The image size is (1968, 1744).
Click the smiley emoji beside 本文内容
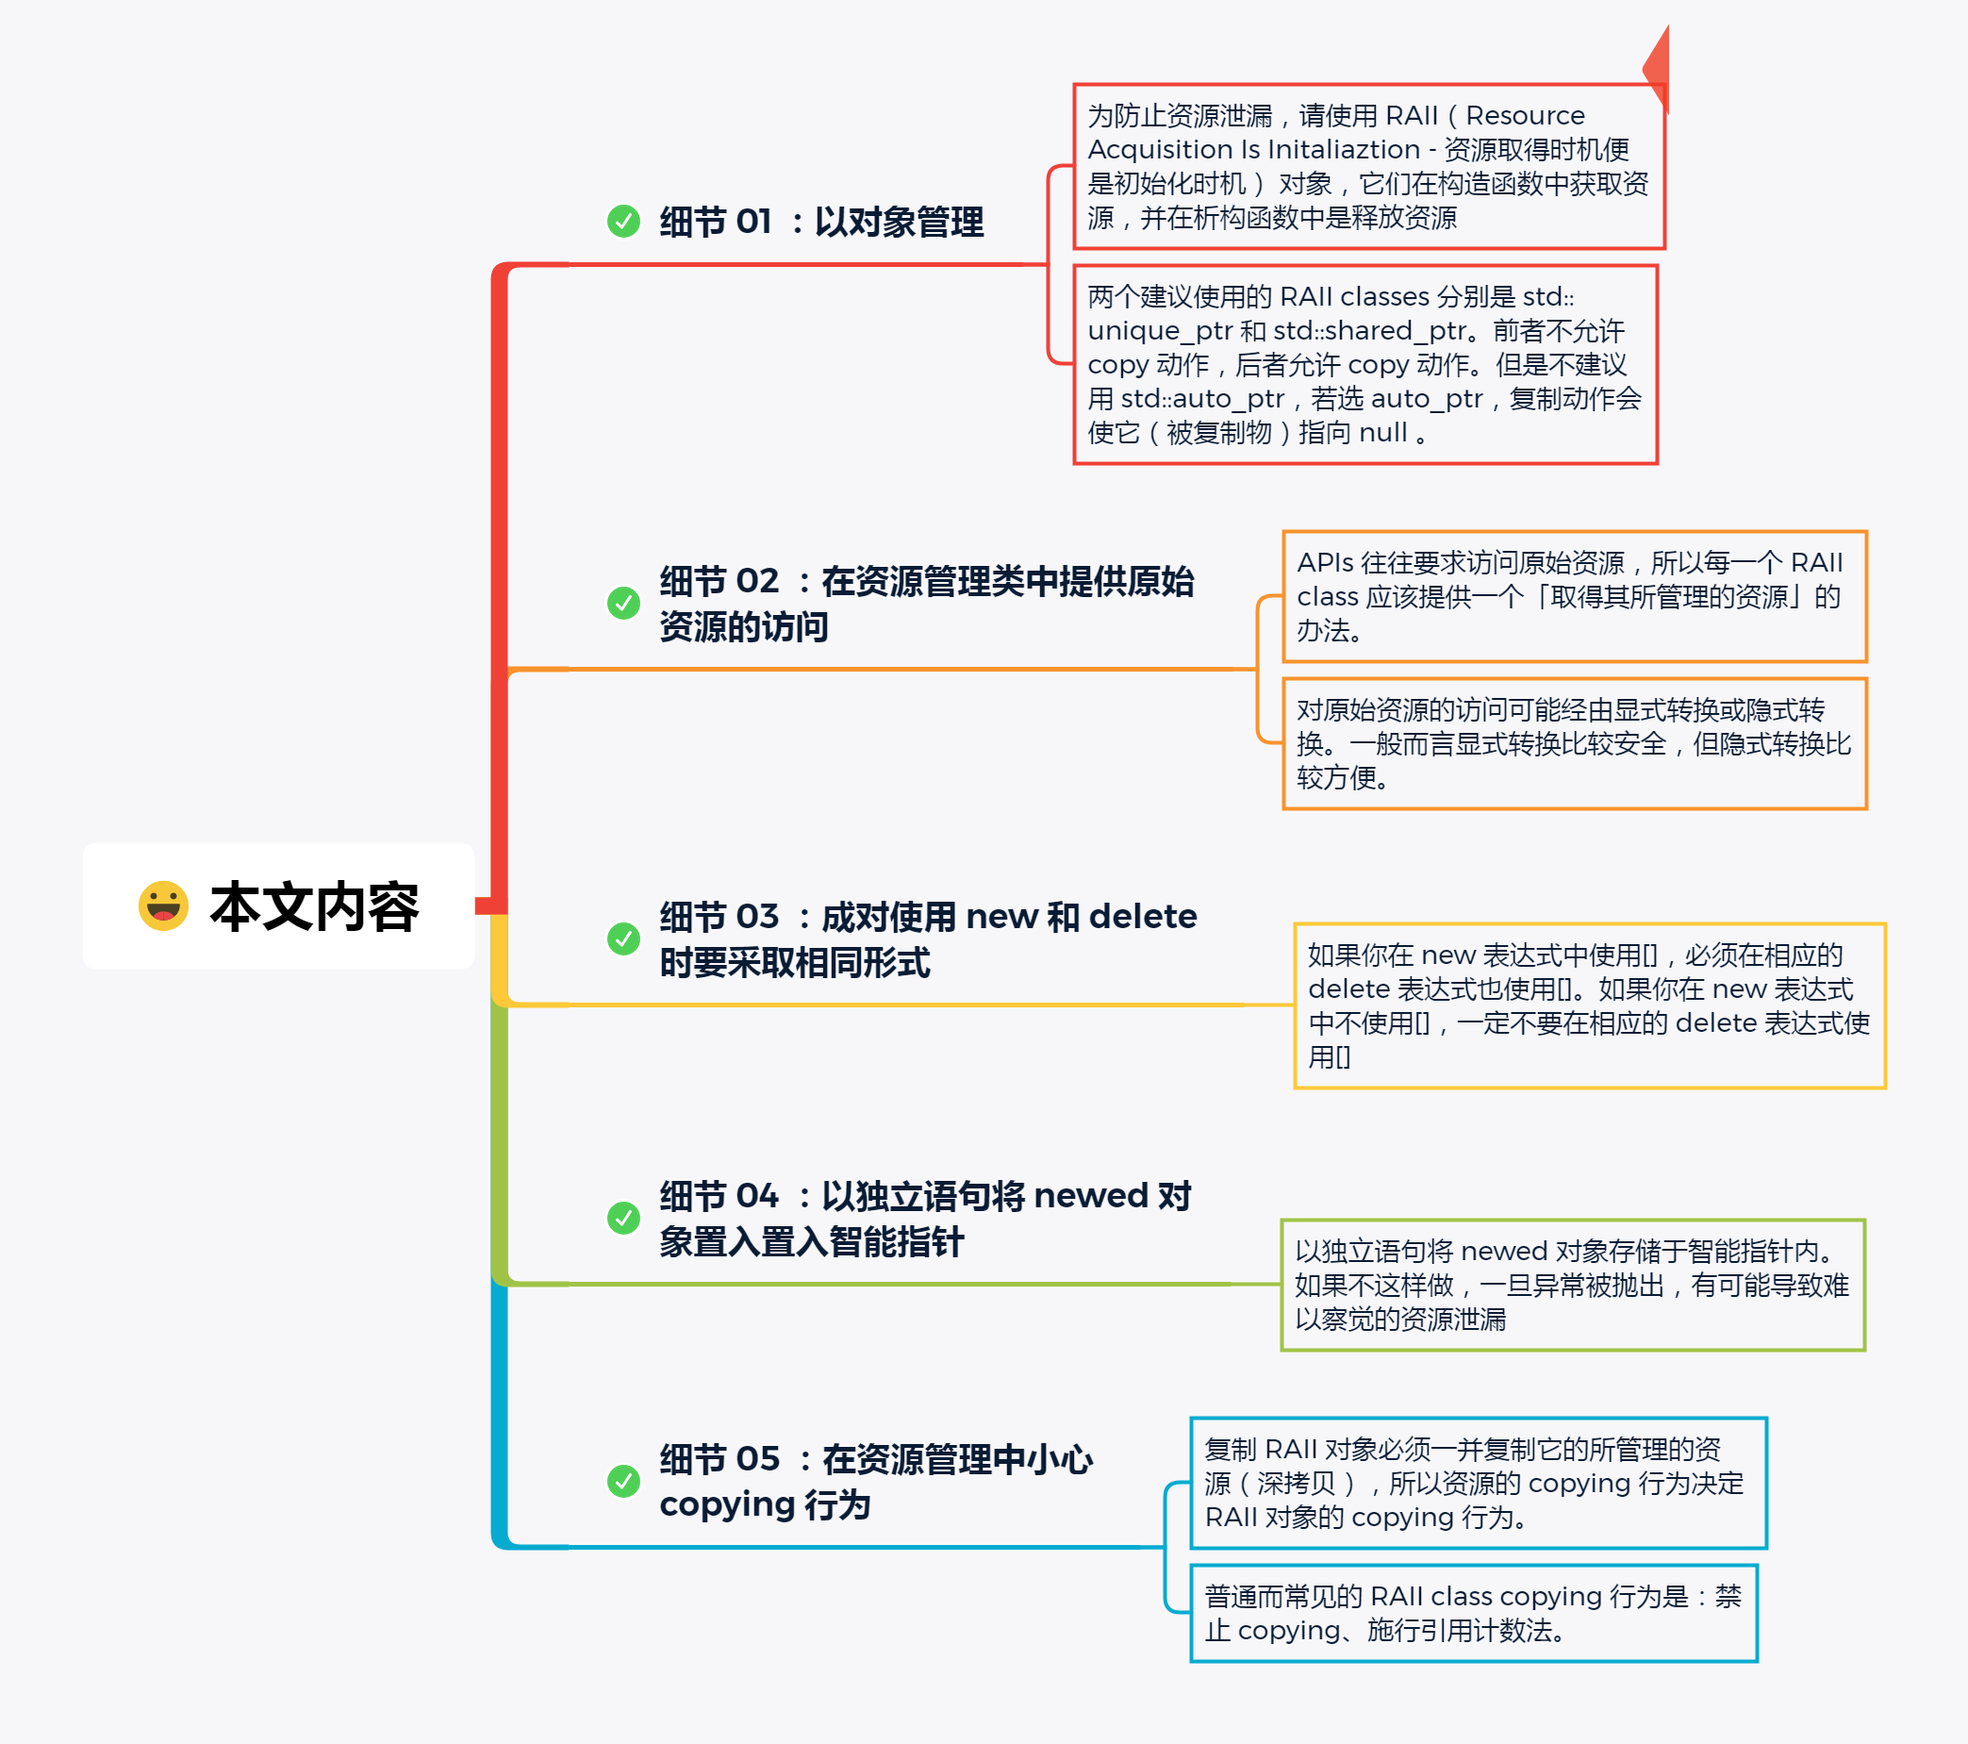pos(163,905)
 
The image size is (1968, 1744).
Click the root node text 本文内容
pos(314,907)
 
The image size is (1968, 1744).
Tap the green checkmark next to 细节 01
pos(623,221)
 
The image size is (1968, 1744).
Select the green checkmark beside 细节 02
pos(623,603)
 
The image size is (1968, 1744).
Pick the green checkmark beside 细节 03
pos(623,938)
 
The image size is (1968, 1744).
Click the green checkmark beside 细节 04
pos(623,1218)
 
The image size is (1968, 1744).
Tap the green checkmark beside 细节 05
pos(623,1481)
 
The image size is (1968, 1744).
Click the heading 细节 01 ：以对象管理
pos(821,223)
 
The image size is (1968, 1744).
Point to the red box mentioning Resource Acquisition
pos(1368,167)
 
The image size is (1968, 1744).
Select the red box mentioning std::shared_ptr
pos(1364,365)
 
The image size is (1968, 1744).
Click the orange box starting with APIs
pos(1573,596)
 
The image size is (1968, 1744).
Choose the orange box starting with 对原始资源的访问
pos(1573,743)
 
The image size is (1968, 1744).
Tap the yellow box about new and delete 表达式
pos(1589,1005)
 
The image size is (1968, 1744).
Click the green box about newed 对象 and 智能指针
pos(1571,1285)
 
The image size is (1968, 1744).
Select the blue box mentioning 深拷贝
pos(1477,1483)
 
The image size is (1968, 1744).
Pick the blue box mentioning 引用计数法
pos(1473,1613)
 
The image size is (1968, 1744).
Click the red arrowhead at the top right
pos(1658,67)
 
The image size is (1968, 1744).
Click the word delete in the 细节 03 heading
pos(1142,917)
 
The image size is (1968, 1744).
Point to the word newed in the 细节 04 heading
pos(1091,1196)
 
